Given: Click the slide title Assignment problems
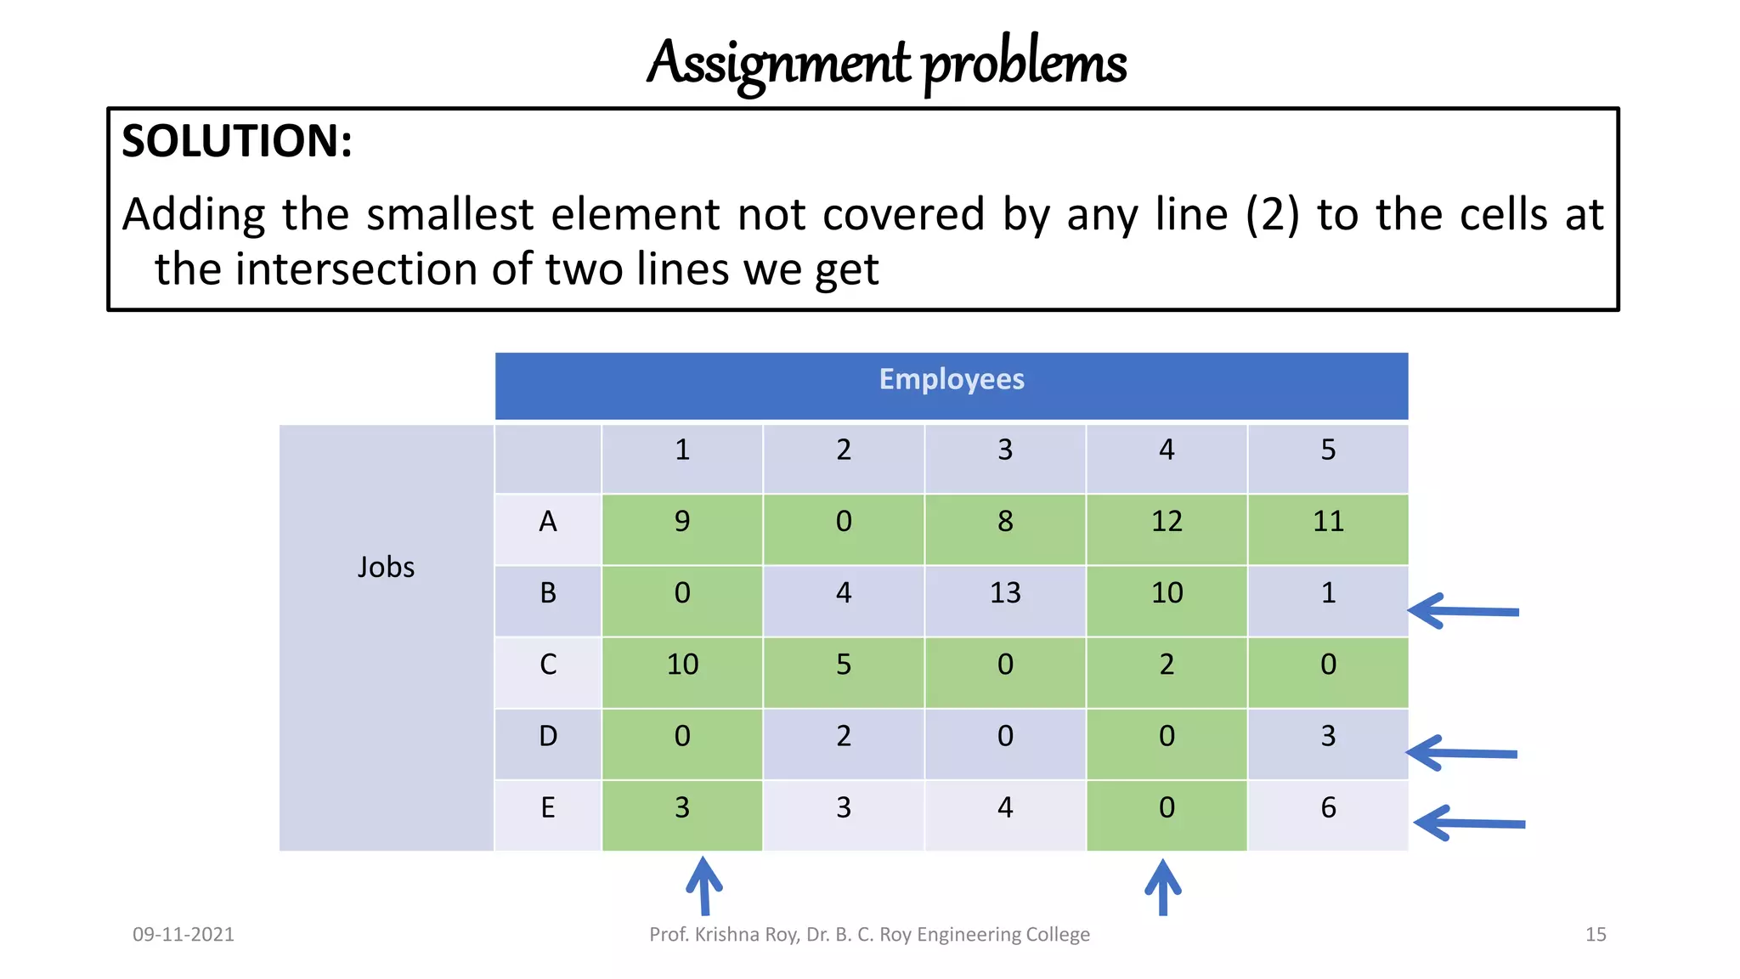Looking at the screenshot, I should [x=886, y=64].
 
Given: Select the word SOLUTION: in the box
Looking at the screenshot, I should [x=237, y=141].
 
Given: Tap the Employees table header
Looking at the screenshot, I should [x=951, y=380].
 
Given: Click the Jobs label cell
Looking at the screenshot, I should [x=386, y=567].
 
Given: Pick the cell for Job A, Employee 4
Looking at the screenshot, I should [x=1167, y=521].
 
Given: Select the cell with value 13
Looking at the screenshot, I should [x=1005, y=593].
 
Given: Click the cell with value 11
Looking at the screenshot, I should [x=1328, y=521].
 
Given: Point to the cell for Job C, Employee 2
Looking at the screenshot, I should [x=843, y=665].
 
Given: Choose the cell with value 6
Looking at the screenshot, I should [x=1328, y=807].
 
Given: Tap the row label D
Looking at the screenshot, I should [x=548, y=736].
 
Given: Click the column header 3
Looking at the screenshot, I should [x=1005, y=450].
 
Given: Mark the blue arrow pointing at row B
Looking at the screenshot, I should [x=1463, y=611].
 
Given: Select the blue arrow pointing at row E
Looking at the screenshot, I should [x=1469, y=823].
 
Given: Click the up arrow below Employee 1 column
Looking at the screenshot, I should [x=703, y=886].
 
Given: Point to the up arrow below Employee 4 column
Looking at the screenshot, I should [x=1163, y=887].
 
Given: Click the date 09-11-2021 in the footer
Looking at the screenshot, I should [x=184, y=935].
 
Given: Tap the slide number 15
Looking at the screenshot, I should [x=1595, y=935].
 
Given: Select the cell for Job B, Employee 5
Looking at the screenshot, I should [x=1328, y=593].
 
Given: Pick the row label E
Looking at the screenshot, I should [x=548, y=807].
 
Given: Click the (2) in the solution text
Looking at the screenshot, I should [x=1272, y=214].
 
